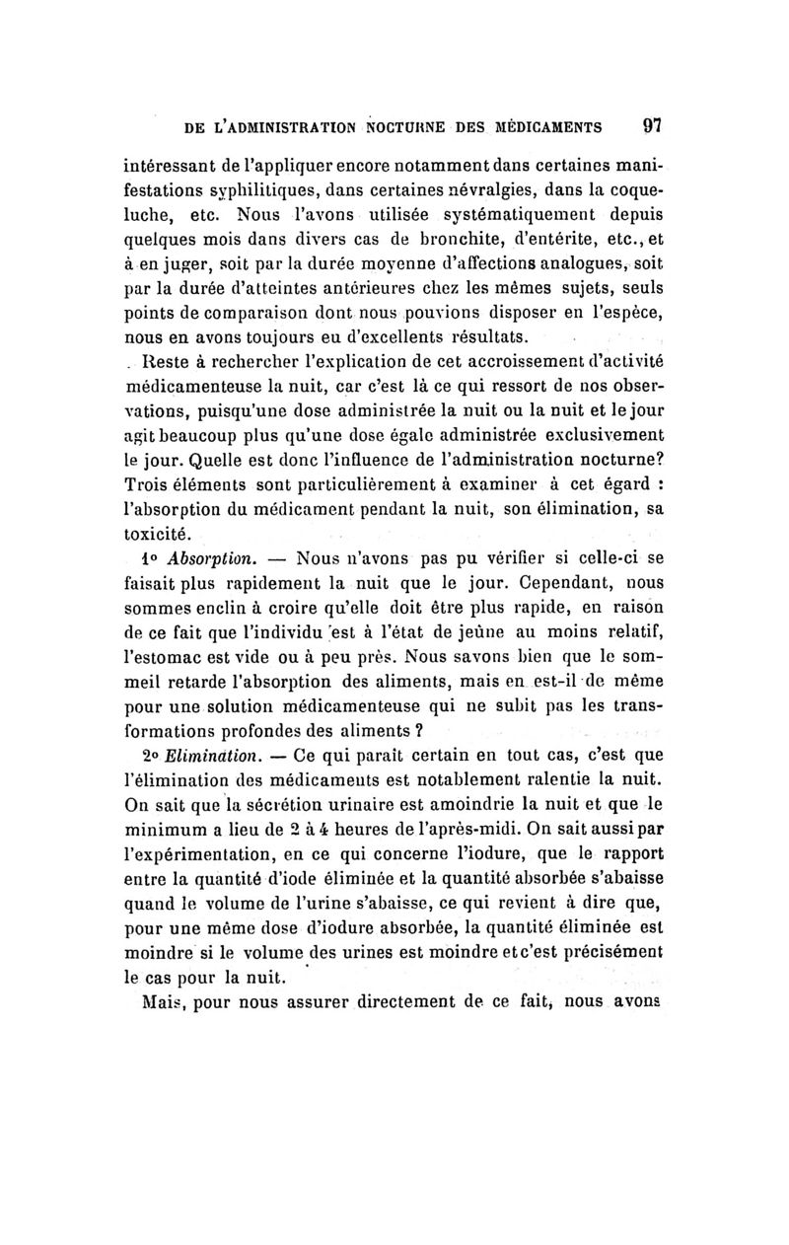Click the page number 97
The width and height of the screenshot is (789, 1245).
(x=651, y=125)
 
